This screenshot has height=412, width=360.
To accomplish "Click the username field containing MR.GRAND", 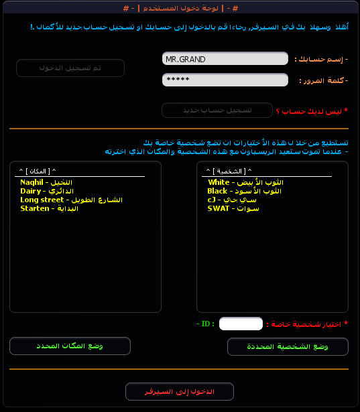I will (225, 59).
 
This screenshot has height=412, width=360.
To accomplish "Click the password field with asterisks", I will (225, 80).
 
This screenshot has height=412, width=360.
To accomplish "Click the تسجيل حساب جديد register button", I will (217, 110).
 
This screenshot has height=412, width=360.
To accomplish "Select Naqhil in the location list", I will (46, 182).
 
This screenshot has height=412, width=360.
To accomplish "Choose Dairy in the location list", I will (46, 191).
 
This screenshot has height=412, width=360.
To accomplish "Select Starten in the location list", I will (48, 208).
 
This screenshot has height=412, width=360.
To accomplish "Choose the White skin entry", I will (245, 182).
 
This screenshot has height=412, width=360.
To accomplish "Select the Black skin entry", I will (244, 191).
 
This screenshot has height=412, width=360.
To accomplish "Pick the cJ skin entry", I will (232, 200).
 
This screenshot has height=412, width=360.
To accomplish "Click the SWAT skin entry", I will (233, 208).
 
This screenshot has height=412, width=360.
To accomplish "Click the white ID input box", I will (241, 324).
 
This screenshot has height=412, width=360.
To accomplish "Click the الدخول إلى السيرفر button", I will (180, 391).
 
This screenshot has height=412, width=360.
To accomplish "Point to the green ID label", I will (205, 324).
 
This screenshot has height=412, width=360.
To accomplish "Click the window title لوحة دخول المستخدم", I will (180, 7).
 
